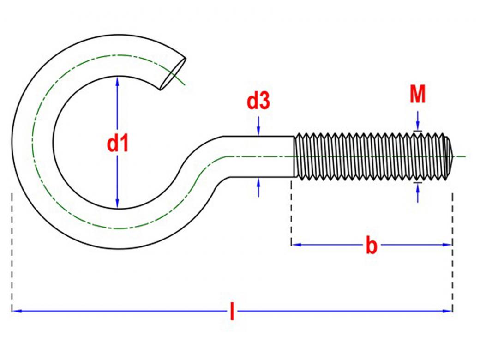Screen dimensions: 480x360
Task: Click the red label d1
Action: click(x=118, y=144)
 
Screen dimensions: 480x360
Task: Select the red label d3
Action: click(x=258, y=102)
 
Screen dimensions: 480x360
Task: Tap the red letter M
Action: click(x=418, y=95)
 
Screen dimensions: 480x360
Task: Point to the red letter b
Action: click(x=372, y=245)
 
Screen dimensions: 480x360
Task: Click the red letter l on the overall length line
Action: click(x=232, y=311)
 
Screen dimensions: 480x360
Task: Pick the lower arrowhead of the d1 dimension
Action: click(x=117, y=204)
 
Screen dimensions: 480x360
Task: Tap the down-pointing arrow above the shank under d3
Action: click(x=258, y=126)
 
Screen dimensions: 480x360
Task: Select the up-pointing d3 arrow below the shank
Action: click(x=258, y=187)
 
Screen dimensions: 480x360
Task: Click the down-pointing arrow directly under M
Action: click(x=418, y=121)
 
